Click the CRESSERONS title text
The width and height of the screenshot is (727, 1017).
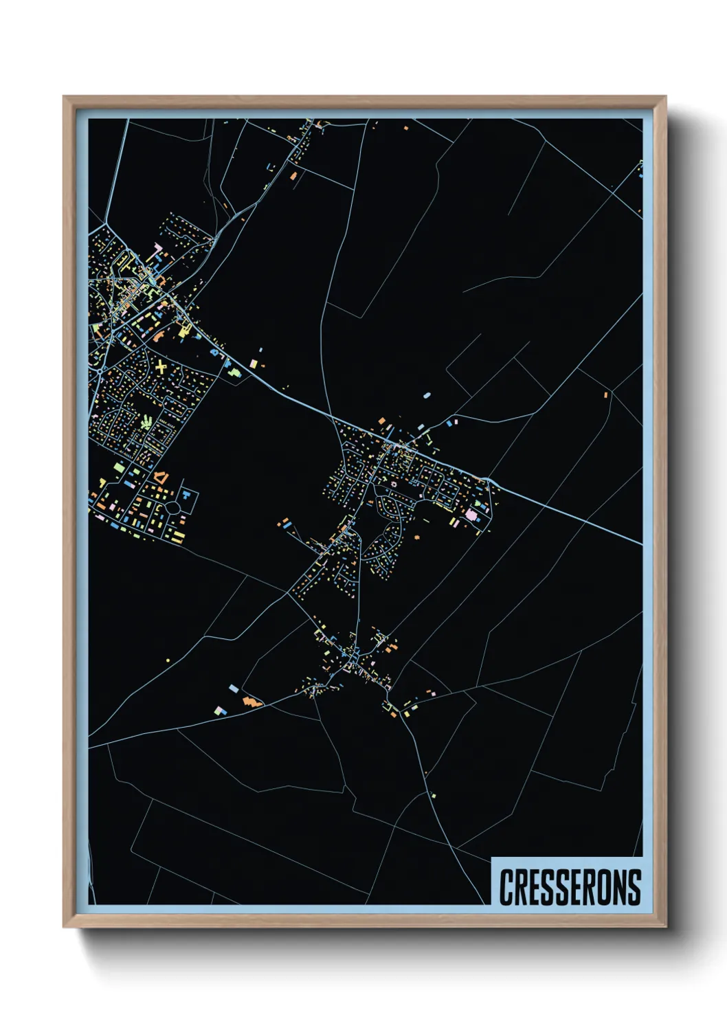(570, 887)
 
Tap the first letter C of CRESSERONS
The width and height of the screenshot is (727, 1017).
(506, 887)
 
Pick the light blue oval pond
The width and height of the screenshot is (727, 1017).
(427, 396)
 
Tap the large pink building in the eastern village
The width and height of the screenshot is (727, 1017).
(471, 514)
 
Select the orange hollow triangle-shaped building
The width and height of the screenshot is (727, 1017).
(160, 476)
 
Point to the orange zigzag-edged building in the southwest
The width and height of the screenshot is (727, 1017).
(252, 702)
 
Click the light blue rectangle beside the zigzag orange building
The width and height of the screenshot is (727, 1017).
(234, 688)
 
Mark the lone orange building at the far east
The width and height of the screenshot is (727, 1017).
(605, 394)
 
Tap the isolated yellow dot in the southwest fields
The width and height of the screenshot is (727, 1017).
(168, 661)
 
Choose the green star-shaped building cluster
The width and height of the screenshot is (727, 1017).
(146, 421)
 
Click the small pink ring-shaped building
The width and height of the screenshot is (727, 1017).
(394, 484)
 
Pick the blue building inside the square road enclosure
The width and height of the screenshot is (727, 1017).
(185, 495)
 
